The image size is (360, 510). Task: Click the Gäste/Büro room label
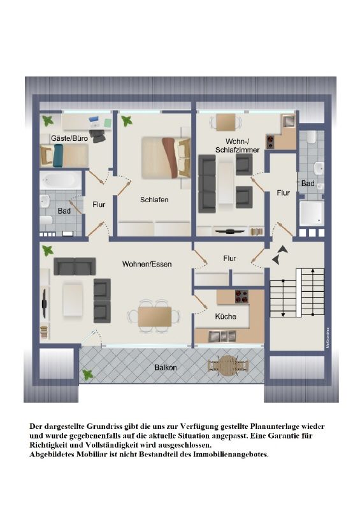click(69, 138)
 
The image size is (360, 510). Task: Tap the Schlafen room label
click(154, 200)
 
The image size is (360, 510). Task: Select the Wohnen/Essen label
click(147, 264)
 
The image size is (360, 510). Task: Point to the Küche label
click(226, 316)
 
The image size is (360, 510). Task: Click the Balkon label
click(166, 368)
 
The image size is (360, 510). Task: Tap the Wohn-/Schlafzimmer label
click(238, 145)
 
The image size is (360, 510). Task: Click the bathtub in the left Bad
click(61, 180)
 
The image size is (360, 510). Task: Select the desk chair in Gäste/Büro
click(98, 135)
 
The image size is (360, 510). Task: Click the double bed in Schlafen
click(166, 157)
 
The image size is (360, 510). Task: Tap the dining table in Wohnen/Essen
click(154, 316)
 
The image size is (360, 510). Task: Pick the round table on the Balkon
click(228, 365)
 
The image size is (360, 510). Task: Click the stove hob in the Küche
click(241, 296)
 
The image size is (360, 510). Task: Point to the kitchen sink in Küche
click(222, 337)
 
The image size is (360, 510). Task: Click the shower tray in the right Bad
click(312, 214)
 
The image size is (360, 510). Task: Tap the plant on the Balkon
click(88, 374)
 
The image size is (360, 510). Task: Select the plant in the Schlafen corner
click(127, 121)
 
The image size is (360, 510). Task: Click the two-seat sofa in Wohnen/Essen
click(75, 266)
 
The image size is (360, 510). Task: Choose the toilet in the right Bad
click(311, 136)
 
